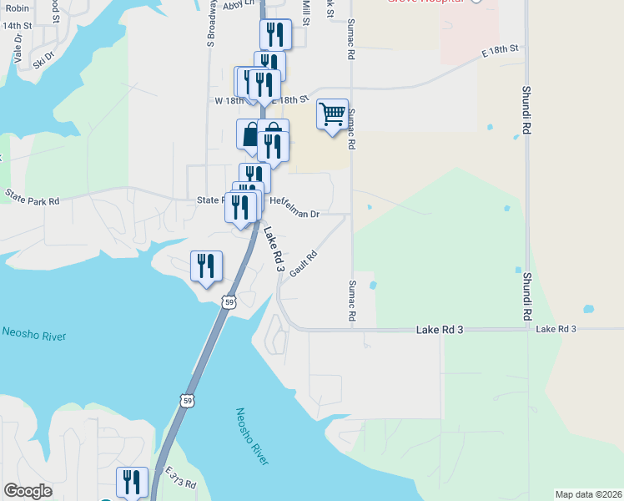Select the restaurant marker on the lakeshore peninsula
(206, 266)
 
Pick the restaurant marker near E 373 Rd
(133, 481)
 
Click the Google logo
(28, 491)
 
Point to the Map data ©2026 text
(588, 493)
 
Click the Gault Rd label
(304, 265)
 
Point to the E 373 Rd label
(179, 478)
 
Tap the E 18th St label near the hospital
(500, 52)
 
